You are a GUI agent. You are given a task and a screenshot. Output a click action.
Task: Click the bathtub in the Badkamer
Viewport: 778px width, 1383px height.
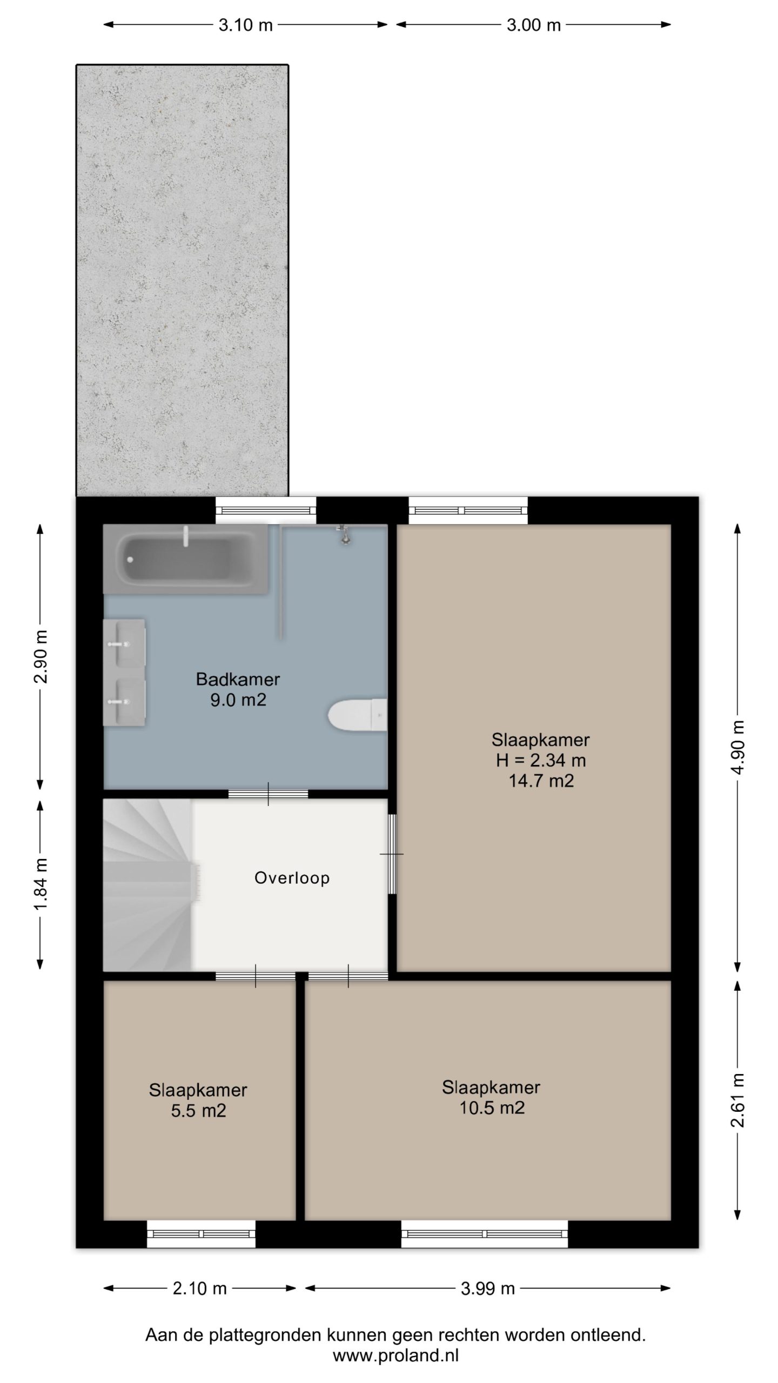point(185,559)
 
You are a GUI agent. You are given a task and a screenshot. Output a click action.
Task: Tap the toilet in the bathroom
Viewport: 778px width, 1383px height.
point(358,716)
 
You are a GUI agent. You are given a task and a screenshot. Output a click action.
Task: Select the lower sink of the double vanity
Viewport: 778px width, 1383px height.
point(124,702)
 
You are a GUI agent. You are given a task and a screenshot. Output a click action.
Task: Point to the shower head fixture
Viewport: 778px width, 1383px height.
point(343,534)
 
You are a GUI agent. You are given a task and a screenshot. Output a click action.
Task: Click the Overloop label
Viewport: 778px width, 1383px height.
point(292,878)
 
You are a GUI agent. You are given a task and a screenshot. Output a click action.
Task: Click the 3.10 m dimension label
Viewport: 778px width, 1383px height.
point(245,25)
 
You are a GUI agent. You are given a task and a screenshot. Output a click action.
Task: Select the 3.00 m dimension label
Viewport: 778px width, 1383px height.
point(533,25)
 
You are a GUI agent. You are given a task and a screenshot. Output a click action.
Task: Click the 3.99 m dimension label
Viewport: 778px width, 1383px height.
point(487,1289)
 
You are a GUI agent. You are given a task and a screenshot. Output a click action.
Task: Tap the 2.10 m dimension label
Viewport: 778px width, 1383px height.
point(199,1289)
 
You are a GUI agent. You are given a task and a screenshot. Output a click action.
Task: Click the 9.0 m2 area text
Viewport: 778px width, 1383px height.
point(238,700)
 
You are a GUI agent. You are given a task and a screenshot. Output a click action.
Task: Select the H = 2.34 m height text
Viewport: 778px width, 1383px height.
point(541,760)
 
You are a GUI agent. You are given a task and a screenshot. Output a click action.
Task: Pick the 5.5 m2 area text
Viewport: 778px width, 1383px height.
point(198,1111)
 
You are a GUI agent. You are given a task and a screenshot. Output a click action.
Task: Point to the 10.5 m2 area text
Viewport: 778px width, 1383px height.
point(492,1108)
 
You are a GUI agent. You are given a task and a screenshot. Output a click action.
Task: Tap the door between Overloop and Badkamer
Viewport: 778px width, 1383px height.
point(268,794)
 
